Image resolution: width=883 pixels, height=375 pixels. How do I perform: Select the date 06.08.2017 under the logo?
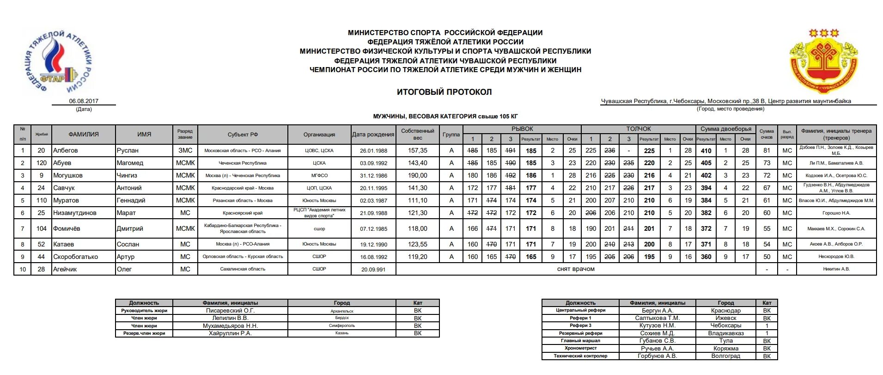(x=84, y=101)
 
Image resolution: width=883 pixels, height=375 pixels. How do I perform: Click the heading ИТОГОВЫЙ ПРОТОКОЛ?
(x=444, y=92)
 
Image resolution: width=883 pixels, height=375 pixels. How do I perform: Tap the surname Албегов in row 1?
(x=66, y=150)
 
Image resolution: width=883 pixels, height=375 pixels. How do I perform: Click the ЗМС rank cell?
(x=185, y=150)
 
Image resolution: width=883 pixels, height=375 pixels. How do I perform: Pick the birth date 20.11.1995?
(x=373, y=188)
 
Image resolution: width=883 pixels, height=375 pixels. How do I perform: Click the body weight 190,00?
(x=417, y=175)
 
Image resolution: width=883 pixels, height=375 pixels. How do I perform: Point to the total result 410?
(x=706, y=150)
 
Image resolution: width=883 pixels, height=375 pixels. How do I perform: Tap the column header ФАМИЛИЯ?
(x=84, y=135)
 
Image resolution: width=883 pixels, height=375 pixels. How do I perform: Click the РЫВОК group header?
(x=522, y=129)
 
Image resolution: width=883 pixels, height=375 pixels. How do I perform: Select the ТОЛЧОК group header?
(x=638, y=129)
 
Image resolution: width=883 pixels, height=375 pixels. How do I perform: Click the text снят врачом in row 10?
(x=576, y=269)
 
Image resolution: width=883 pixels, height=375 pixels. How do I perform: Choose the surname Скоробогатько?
(x=76, y=257)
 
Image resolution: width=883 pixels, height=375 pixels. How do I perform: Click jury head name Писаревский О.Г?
(x=230, y=311)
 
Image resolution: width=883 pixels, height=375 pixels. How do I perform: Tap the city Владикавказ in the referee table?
(x=725, y=333)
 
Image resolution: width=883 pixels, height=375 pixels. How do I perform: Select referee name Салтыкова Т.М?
(x=657, y=318)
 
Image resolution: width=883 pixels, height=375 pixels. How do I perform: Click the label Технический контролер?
(x=580, y=356)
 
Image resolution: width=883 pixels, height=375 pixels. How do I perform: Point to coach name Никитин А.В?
(x=836, y=269)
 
